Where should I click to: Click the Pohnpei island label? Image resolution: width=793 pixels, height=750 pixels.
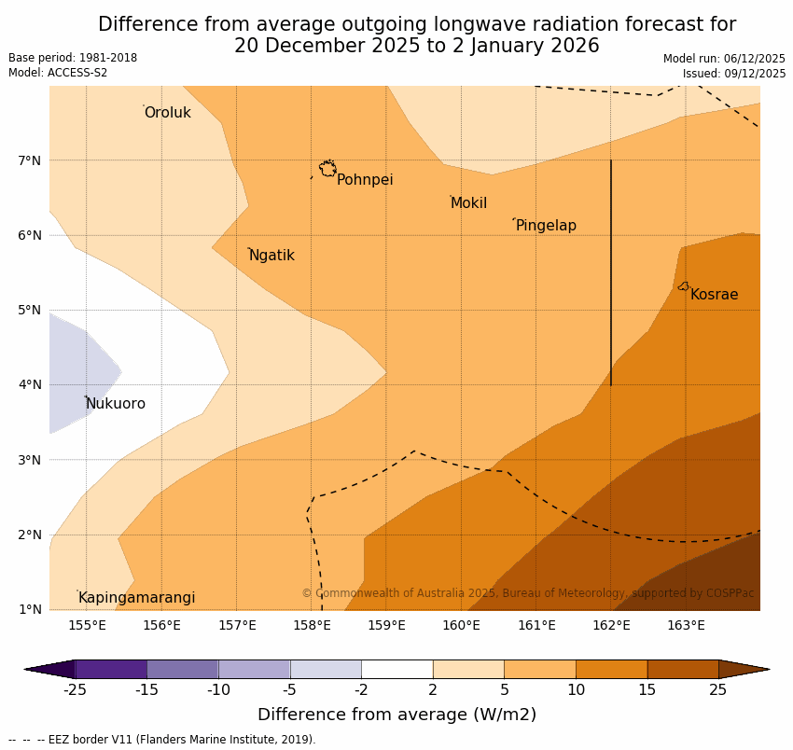coord(365,180)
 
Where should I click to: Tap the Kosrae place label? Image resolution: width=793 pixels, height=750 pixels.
coord(714,295)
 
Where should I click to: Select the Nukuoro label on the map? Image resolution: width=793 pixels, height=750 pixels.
coord(116,404)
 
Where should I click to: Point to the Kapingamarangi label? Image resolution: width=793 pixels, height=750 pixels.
coord(136,598)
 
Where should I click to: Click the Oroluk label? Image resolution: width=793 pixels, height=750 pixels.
coord(167,113)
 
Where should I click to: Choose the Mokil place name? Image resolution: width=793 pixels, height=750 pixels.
coord(468,203)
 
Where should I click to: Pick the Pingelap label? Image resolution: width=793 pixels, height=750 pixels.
coord(546,226)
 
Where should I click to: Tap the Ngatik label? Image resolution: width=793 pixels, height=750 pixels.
coord(271,256)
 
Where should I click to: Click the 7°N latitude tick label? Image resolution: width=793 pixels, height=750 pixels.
coord(30,160)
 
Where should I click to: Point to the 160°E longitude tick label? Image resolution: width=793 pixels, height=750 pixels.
coord(461,625)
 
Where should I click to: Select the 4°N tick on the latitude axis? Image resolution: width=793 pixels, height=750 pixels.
coord(30,384)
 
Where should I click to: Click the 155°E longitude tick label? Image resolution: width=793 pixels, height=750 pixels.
coord(87,625)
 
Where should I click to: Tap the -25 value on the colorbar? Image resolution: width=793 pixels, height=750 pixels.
coord(75,690)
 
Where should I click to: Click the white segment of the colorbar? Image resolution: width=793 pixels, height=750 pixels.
coord(396,669)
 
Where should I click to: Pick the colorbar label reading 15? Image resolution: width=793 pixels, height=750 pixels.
coord(647,690)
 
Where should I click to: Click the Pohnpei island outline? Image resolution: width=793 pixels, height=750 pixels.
coord(327,169)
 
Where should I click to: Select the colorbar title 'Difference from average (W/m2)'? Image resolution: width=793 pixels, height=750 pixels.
coord(396,715)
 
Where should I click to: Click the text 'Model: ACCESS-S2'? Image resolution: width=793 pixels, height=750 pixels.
coord(58,73)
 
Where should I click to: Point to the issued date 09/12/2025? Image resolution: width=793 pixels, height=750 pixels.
coord(734,74)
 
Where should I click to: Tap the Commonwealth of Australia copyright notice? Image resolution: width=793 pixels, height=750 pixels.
coord(527,593)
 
